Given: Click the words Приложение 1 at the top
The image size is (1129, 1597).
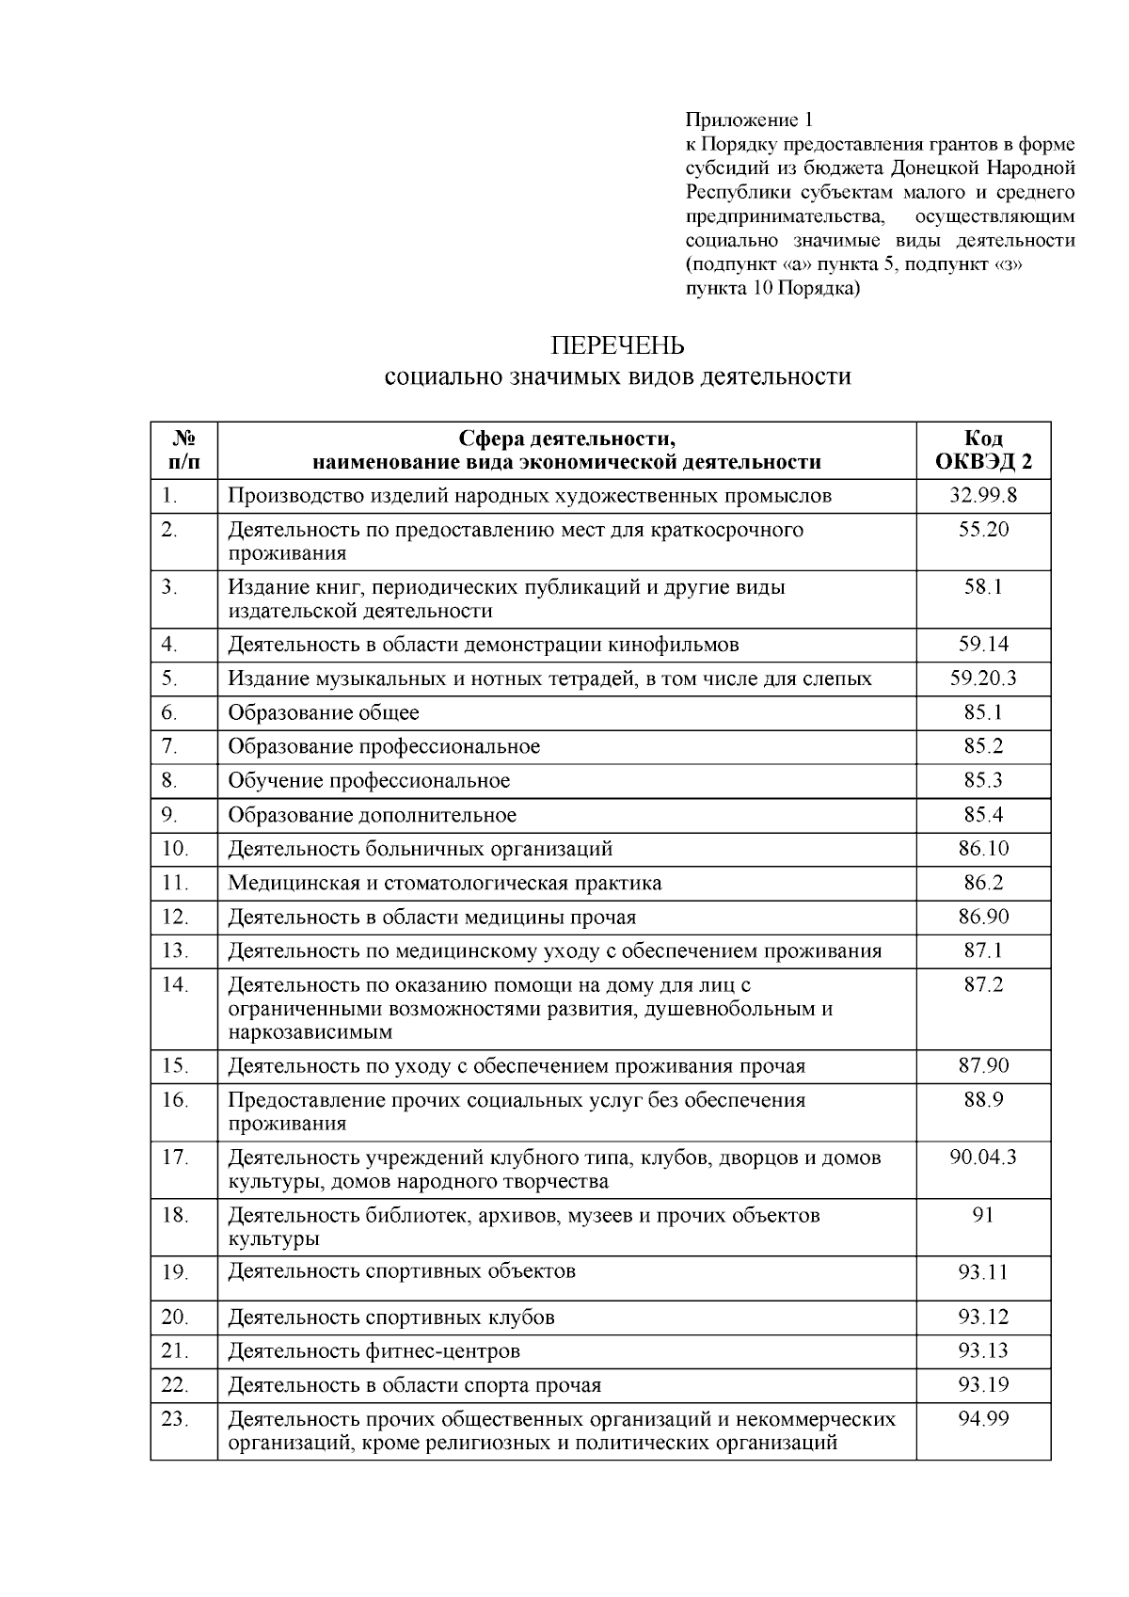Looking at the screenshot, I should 748,120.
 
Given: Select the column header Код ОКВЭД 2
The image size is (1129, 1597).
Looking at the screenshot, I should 983,450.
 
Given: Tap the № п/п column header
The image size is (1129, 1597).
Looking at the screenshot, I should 184,450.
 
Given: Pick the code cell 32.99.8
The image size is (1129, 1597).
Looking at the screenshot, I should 983,495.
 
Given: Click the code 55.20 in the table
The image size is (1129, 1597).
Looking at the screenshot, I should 983,530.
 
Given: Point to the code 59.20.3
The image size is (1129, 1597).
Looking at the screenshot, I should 983,679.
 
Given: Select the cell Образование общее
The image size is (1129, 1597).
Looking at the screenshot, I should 324,712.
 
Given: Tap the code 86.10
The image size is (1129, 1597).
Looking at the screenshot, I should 983,849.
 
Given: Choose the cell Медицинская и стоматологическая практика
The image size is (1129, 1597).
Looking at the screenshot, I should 444,883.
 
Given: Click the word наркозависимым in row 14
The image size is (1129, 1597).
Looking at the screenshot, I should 310,1031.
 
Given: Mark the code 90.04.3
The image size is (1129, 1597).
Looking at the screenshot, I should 983,1158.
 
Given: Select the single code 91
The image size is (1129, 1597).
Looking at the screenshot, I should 983,1215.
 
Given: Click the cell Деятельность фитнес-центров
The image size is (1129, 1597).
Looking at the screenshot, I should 374,1351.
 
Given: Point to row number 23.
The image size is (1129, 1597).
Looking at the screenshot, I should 175,1419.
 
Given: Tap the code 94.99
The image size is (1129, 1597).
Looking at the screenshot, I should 983,1419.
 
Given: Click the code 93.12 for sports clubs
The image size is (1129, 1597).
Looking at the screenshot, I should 983,1318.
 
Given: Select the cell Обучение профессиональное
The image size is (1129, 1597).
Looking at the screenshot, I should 369,780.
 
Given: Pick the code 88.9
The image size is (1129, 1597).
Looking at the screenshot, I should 983,1100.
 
